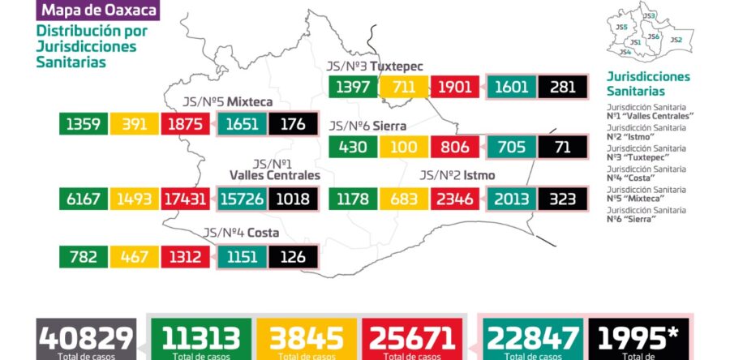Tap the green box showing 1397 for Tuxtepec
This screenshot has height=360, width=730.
tap(353, 88)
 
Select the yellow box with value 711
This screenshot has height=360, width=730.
tap(403, 88)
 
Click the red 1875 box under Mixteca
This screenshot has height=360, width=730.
tap(187, 125)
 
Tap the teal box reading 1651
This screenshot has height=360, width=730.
tap(241, 125)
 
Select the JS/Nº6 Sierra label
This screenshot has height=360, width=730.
tap(367, 126)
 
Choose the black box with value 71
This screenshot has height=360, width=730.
tap(562, 148)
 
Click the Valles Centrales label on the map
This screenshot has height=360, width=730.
tap(274, 175)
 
